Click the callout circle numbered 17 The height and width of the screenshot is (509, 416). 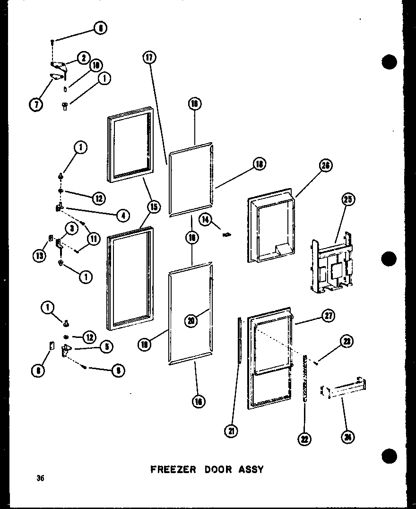149,58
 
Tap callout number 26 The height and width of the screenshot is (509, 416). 326,165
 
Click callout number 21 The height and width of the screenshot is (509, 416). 232,431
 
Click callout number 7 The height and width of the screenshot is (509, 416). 36,104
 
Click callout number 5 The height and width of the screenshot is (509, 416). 106,346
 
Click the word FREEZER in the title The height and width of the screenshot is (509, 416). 172,469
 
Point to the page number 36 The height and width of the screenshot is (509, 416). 40,478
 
